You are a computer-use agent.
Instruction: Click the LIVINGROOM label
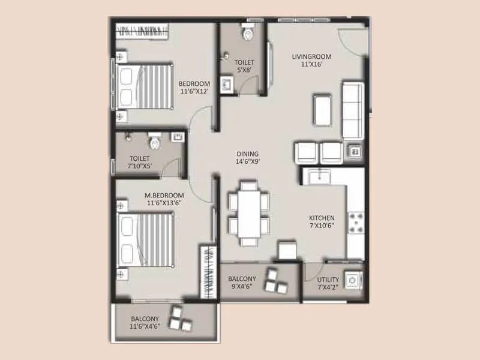(x=311, y=57)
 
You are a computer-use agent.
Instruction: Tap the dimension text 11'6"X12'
(x=195, y=92)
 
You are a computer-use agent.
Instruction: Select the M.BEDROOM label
(x=165, y=196)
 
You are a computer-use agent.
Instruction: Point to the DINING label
(x=247, y=153)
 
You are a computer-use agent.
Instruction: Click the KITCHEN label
(x=322, y=218)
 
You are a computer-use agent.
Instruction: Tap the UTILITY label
(x=328, y=280)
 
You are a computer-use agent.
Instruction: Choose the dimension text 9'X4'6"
(x=242, y=287)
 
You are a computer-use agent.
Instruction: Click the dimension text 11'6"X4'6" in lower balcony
(x=146, y=327)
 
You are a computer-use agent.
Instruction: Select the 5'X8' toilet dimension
(x=244, y=70)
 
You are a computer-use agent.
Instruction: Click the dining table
(x=247, y=213)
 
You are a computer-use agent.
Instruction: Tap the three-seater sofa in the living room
(x=352, y=110)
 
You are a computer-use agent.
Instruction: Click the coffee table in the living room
(x=323, y=110)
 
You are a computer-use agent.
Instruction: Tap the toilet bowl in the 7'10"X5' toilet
(x=155, y=142)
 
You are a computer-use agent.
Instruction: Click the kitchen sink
(x=319, y=177)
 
